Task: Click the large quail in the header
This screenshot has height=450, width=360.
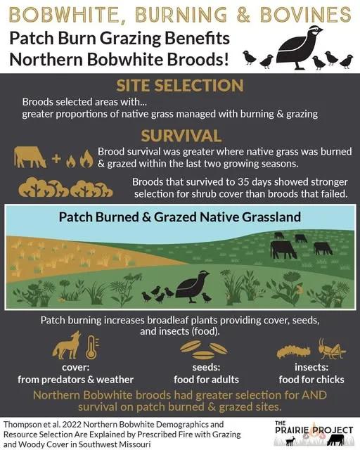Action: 300,46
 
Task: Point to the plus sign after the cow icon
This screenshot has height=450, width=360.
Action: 56,159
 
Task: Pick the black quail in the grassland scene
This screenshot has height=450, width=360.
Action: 188,288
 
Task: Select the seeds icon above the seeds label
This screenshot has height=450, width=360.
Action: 203,347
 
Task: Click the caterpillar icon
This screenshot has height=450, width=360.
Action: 293,349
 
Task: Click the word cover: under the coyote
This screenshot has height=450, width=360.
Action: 75,367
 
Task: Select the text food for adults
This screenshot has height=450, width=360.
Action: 204,380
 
